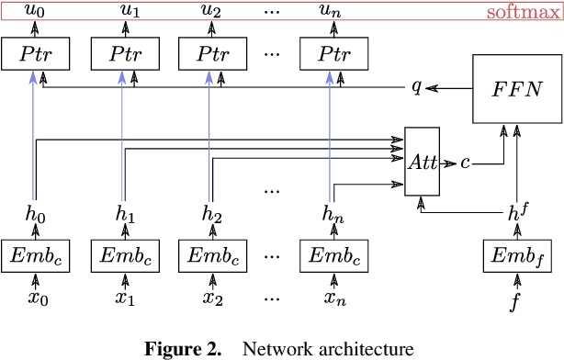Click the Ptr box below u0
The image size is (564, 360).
(34, 54)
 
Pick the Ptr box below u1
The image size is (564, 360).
(123, 54)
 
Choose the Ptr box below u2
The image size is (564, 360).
(212, 54)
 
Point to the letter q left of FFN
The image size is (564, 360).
(415, 87)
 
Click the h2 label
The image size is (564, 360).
(212, 213)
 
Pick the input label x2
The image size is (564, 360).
(212, 298)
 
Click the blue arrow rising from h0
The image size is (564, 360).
(34, 138)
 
